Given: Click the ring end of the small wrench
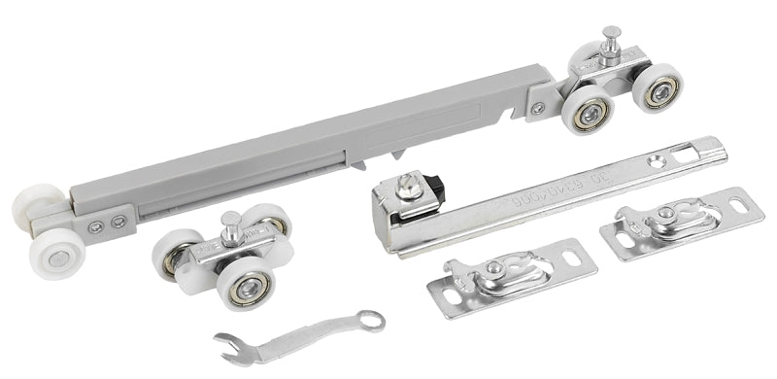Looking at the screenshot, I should [370, 319].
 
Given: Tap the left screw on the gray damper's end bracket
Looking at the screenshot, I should [96, 228].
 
